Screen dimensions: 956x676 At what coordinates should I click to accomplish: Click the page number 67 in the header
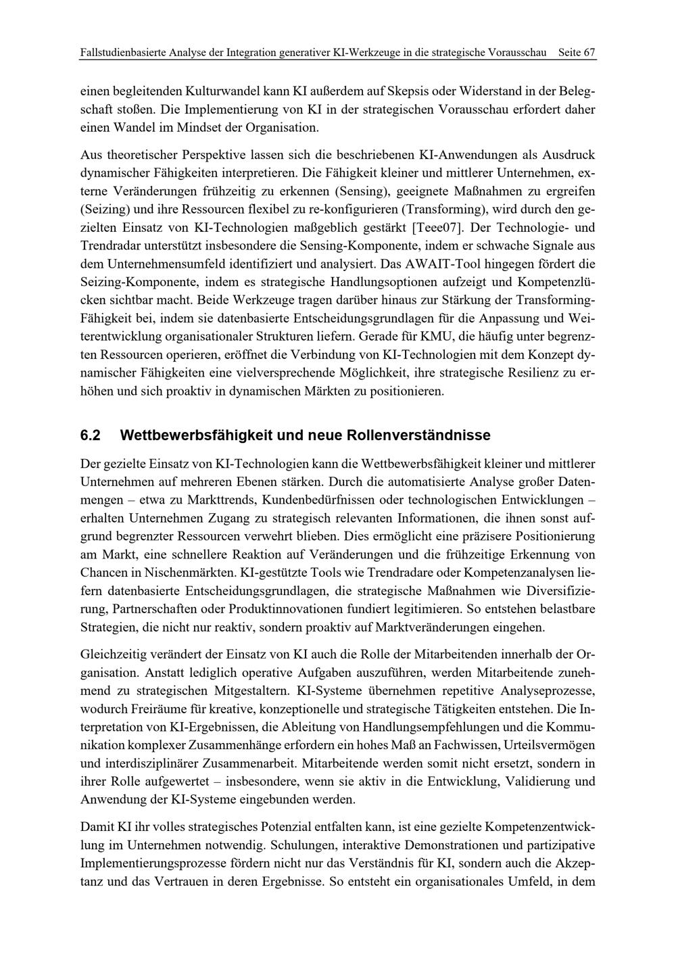click(x=589, y=53)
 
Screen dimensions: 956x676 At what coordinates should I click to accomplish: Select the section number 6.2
click(x=90, y=435)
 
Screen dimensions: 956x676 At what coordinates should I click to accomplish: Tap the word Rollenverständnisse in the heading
click(x=418, y=435)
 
